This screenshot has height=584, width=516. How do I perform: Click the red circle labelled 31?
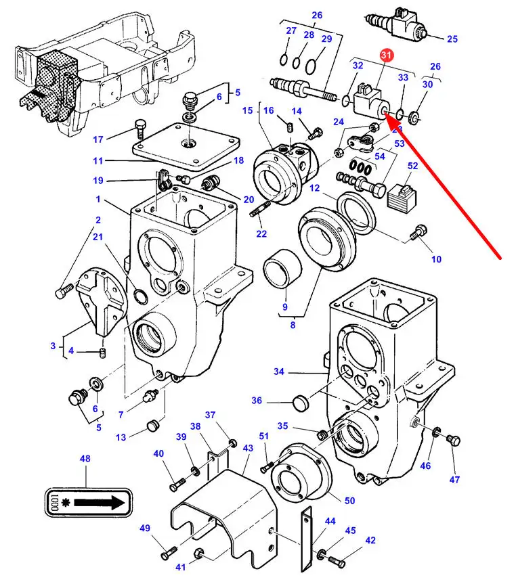tap(386, 55)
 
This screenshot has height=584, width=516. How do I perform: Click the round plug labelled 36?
tap(300, 404)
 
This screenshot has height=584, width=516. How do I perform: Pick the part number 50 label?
tap(349, 501)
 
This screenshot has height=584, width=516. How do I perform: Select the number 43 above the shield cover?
tap(248, 448)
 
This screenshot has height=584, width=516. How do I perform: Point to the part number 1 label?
tap(98, 200)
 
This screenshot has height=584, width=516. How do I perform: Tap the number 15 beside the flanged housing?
tap(246, 110)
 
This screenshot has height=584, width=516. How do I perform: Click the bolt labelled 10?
tap(418, 233)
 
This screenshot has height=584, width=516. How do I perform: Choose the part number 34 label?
tap(279, 371)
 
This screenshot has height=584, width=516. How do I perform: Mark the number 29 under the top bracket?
tap(326, 39)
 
